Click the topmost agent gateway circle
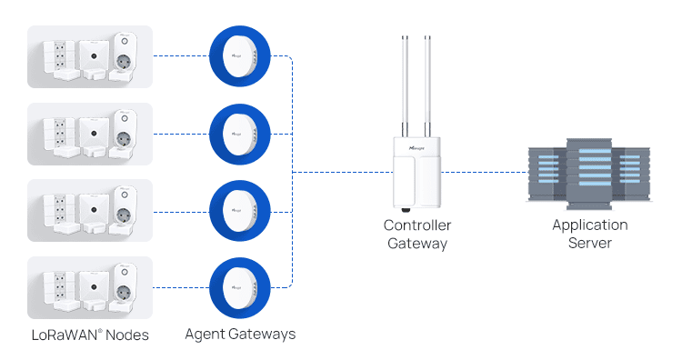(240, 56)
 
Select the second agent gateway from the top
(240, 134)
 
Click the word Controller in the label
(417, 225)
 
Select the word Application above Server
(590, 225)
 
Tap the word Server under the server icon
(590, 244)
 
